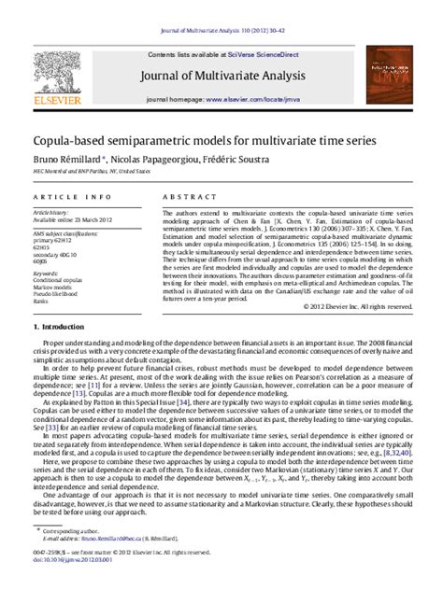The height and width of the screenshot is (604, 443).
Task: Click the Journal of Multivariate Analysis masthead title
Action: (x=221, y=76)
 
